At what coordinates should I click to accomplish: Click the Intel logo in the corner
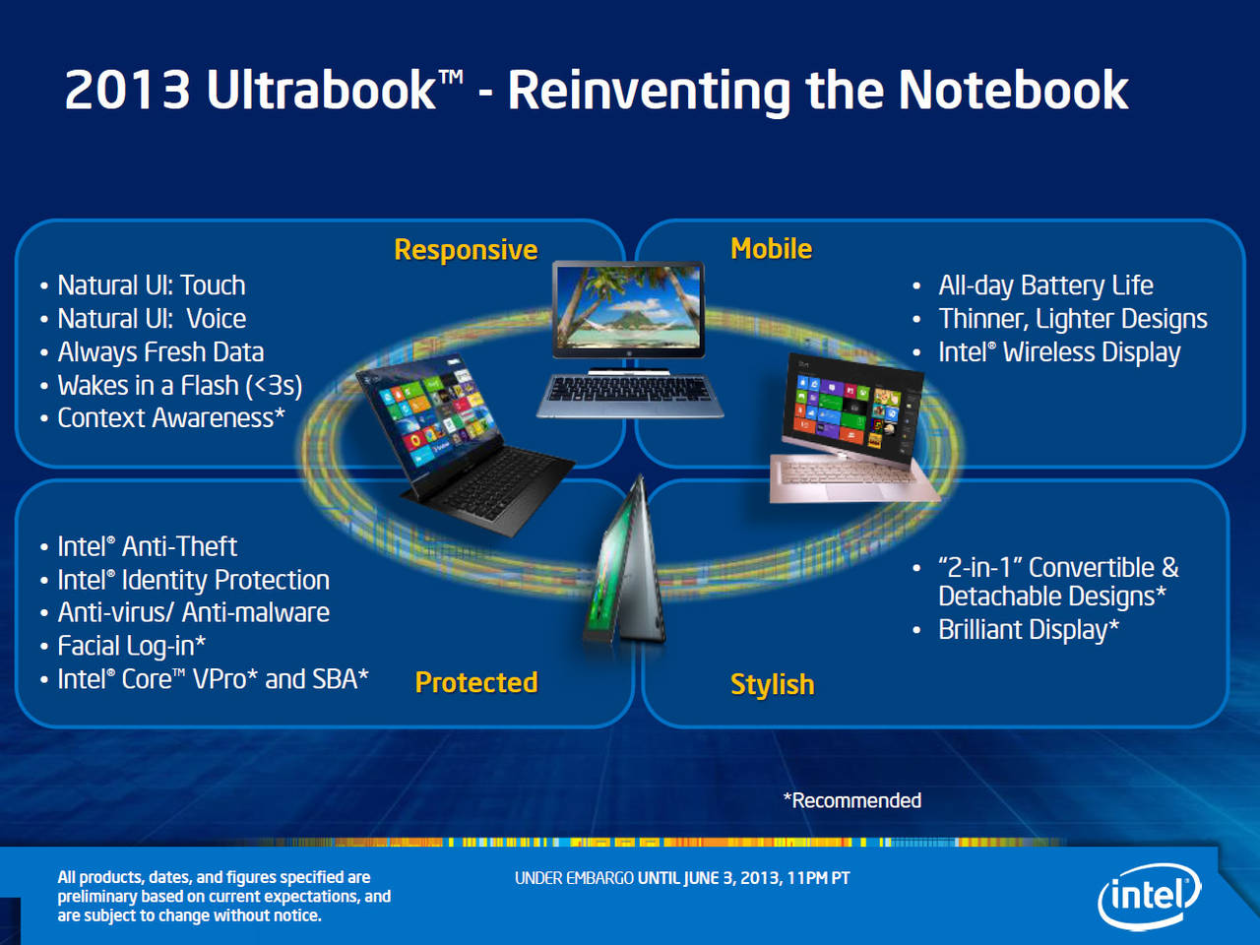point(1149,895)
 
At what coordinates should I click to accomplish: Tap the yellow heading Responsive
point(466,250)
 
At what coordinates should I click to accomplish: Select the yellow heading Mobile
point(771,248)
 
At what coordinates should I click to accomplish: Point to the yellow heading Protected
point(476,682)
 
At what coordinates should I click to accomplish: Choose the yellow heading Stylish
point(772,684)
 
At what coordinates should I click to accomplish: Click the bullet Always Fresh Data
point(160,351)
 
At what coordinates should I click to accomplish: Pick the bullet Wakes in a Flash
point(180,385)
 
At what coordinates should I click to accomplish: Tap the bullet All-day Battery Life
point(1045,285)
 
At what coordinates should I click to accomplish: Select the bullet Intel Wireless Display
point(1059,351)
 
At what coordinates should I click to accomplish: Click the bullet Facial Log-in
point(132,646)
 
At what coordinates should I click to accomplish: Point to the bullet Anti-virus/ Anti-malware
point(194,612)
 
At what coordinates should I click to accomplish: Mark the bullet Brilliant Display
point(1029,629)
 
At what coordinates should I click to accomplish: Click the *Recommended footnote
point(852,800)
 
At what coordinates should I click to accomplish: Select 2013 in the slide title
point(127,91)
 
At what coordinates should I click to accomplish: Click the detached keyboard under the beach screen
point(630,395)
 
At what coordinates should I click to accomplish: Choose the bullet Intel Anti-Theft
point(147,546)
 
